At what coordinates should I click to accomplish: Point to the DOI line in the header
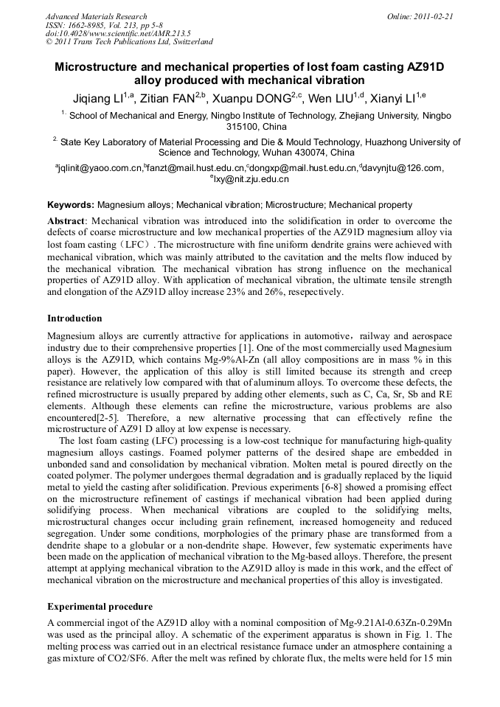click(x=118, y=33)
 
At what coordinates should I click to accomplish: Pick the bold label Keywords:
click(x=71, y=205)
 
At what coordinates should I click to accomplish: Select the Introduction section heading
click(x=74, y=318)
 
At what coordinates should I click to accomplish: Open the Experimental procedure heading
click(x=100, y=607)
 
